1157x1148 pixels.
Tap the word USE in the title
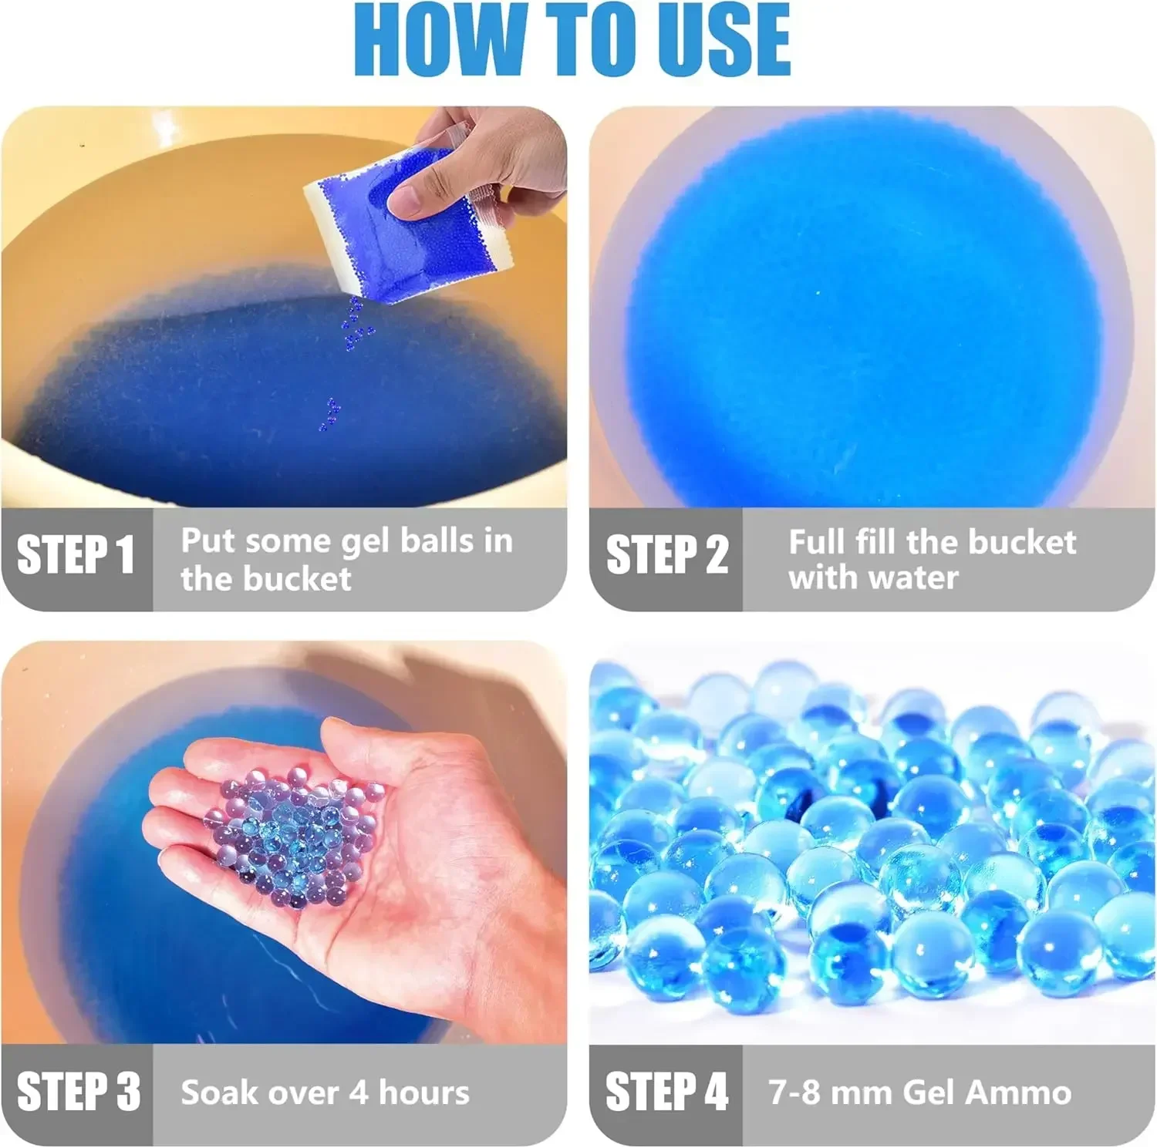tap(721, 40)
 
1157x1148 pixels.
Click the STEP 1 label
tap(76, 554)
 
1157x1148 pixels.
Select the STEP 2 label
tap(666, 554)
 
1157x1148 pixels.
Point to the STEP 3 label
tap(79, 1091)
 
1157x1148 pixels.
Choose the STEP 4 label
tap(666, 1091)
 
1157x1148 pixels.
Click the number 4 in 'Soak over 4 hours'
tap(358, 1092)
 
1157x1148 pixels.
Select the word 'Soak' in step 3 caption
tap(218, 1092)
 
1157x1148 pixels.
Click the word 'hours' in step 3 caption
tap(424, 1092)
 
